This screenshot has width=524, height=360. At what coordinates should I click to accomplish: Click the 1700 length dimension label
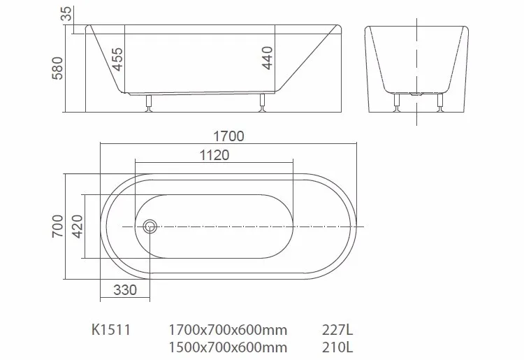point(228,136)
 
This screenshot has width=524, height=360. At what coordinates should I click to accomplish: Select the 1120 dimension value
point(214,155)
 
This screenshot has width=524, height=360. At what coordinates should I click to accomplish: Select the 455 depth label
point(117,62)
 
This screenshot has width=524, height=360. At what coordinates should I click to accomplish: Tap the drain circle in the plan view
point(150,226)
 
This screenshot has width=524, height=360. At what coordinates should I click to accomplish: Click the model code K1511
point(111,329)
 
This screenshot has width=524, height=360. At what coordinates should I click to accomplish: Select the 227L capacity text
point(337,329)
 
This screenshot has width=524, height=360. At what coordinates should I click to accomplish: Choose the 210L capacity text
point(337,346)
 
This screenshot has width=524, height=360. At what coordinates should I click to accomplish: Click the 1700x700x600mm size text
point(228,329)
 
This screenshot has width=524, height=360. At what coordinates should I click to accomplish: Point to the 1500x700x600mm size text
point(228,346)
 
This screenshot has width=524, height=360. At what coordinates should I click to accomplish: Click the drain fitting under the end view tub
point(419,94)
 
